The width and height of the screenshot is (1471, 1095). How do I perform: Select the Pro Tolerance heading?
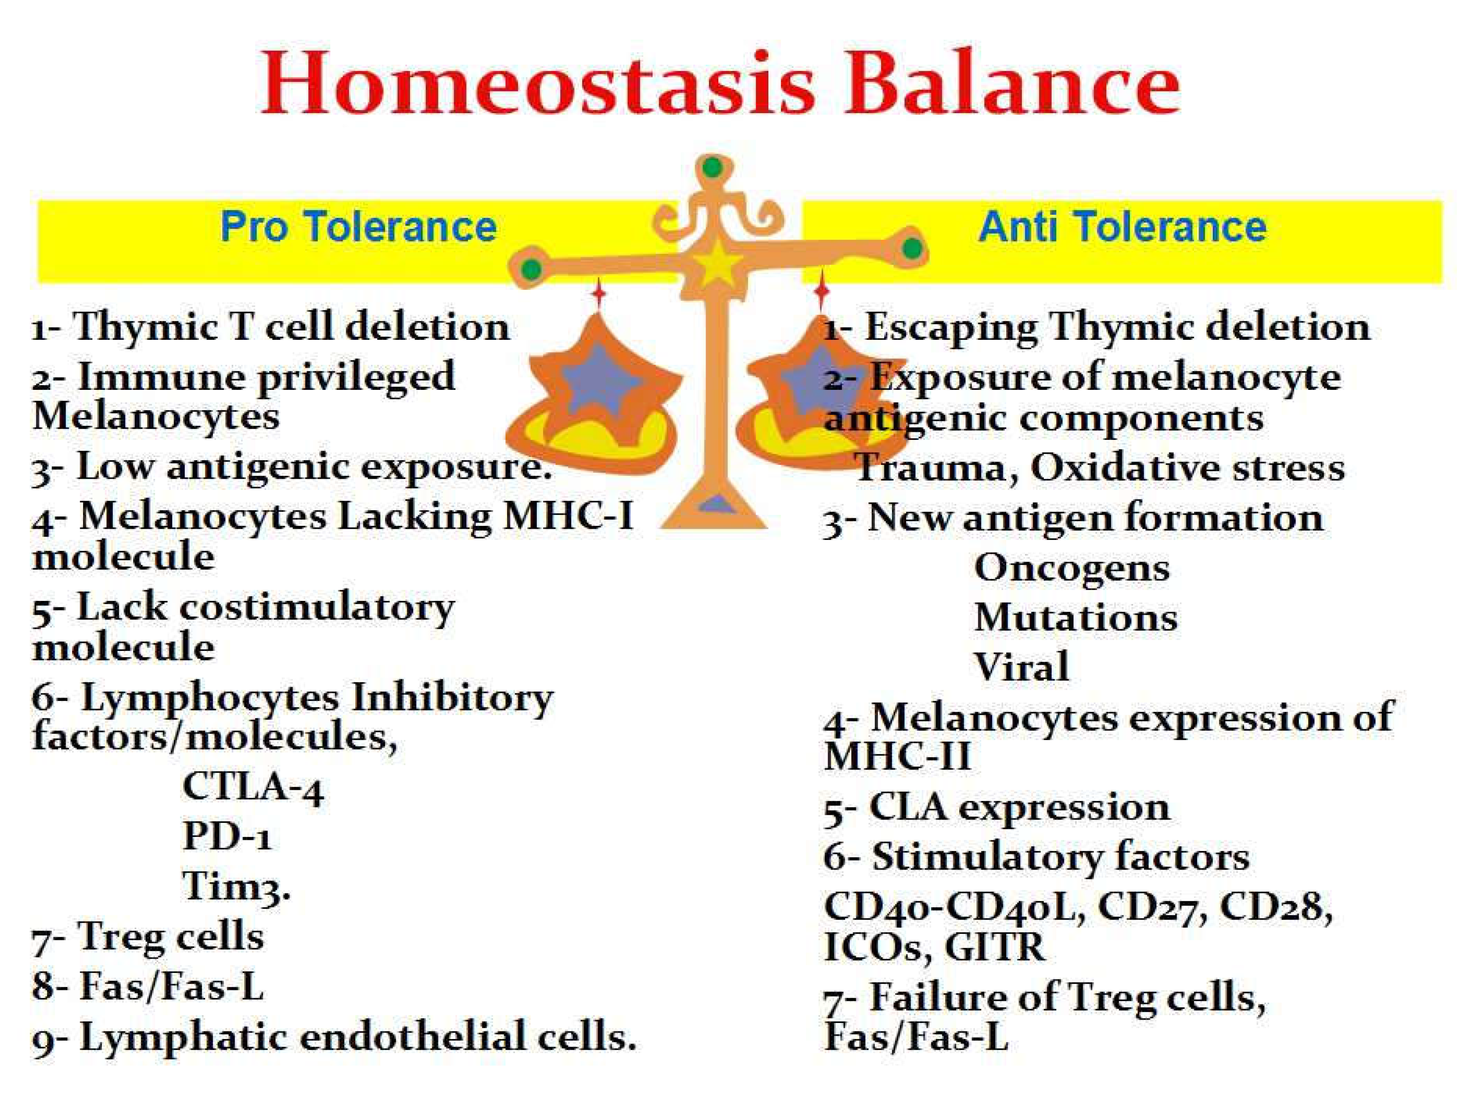pyautogui.click(x=358, y=228)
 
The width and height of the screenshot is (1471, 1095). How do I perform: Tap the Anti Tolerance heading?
pyautogui.click(x=1122, y=228)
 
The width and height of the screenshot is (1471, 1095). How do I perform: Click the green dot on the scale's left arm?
pyautogui.click(x=531, y=270)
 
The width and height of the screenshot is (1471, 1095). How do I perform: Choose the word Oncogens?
pyautogui.click(x=1072, y=568)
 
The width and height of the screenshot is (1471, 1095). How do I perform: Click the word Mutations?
pyautogui.click(x=1076, y=618)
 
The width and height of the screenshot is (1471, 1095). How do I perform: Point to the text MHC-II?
pyautogui.click(x=897, y=756)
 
